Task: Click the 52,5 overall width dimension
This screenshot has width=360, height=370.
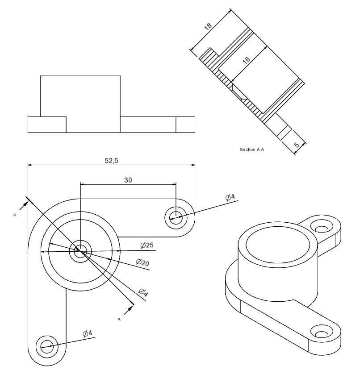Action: (x=111, y=161)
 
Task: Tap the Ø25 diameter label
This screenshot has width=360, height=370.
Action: (x=147, y=245)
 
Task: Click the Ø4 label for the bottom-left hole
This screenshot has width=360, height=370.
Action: (x=87, y=333)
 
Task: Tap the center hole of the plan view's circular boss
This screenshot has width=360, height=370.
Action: (x=81, y=251)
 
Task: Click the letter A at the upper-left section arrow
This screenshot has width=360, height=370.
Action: (x=15, y=215)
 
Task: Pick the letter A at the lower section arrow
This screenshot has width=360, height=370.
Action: (x=119, y=320)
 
